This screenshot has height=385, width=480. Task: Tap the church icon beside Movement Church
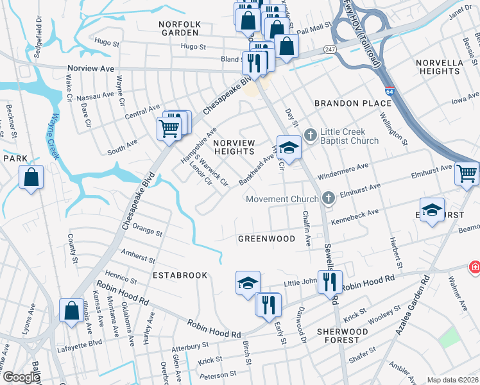[329, 198]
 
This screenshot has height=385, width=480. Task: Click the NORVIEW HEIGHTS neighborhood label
[234, 147]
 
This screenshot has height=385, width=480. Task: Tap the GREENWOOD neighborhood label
[266, 239]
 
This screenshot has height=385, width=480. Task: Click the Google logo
[21, 378]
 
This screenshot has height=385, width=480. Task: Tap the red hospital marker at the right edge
[474, 266]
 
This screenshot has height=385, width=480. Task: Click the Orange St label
[148, 229]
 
